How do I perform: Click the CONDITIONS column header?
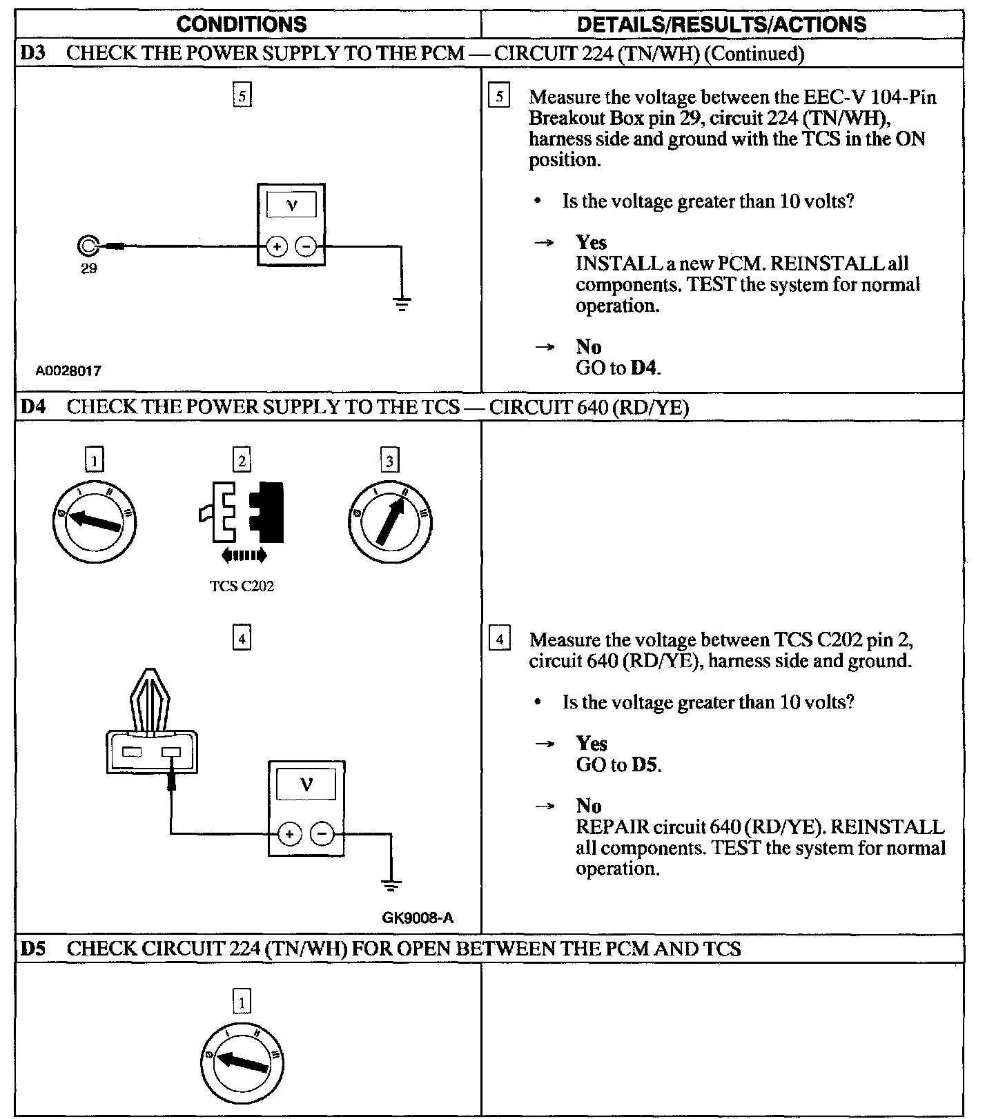coord(242,25)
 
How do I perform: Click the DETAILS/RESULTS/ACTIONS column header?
coord(721,25)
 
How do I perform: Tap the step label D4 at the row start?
coord(32,406)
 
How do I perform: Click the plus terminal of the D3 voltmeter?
coord(277,246)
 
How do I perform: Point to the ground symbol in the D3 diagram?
coord(402,303)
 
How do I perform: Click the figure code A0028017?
coord(68,370)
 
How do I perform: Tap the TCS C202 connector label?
coord(242,586)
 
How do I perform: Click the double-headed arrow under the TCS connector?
coord(244,555)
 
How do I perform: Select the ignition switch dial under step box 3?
coord(390,521)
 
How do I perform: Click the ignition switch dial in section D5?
coord(242,1062)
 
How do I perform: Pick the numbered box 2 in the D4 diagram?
coord(242,460)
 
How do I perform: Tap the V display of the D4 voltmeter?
coord(306,784)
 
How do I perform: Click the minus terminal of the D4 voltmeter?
coord(322,835)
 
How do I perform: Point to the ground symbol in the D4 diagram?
coord(391,884)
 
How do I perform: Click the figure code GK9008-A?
coord(417,918)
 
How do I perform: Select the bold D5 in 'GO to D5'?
coord(645,764)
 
